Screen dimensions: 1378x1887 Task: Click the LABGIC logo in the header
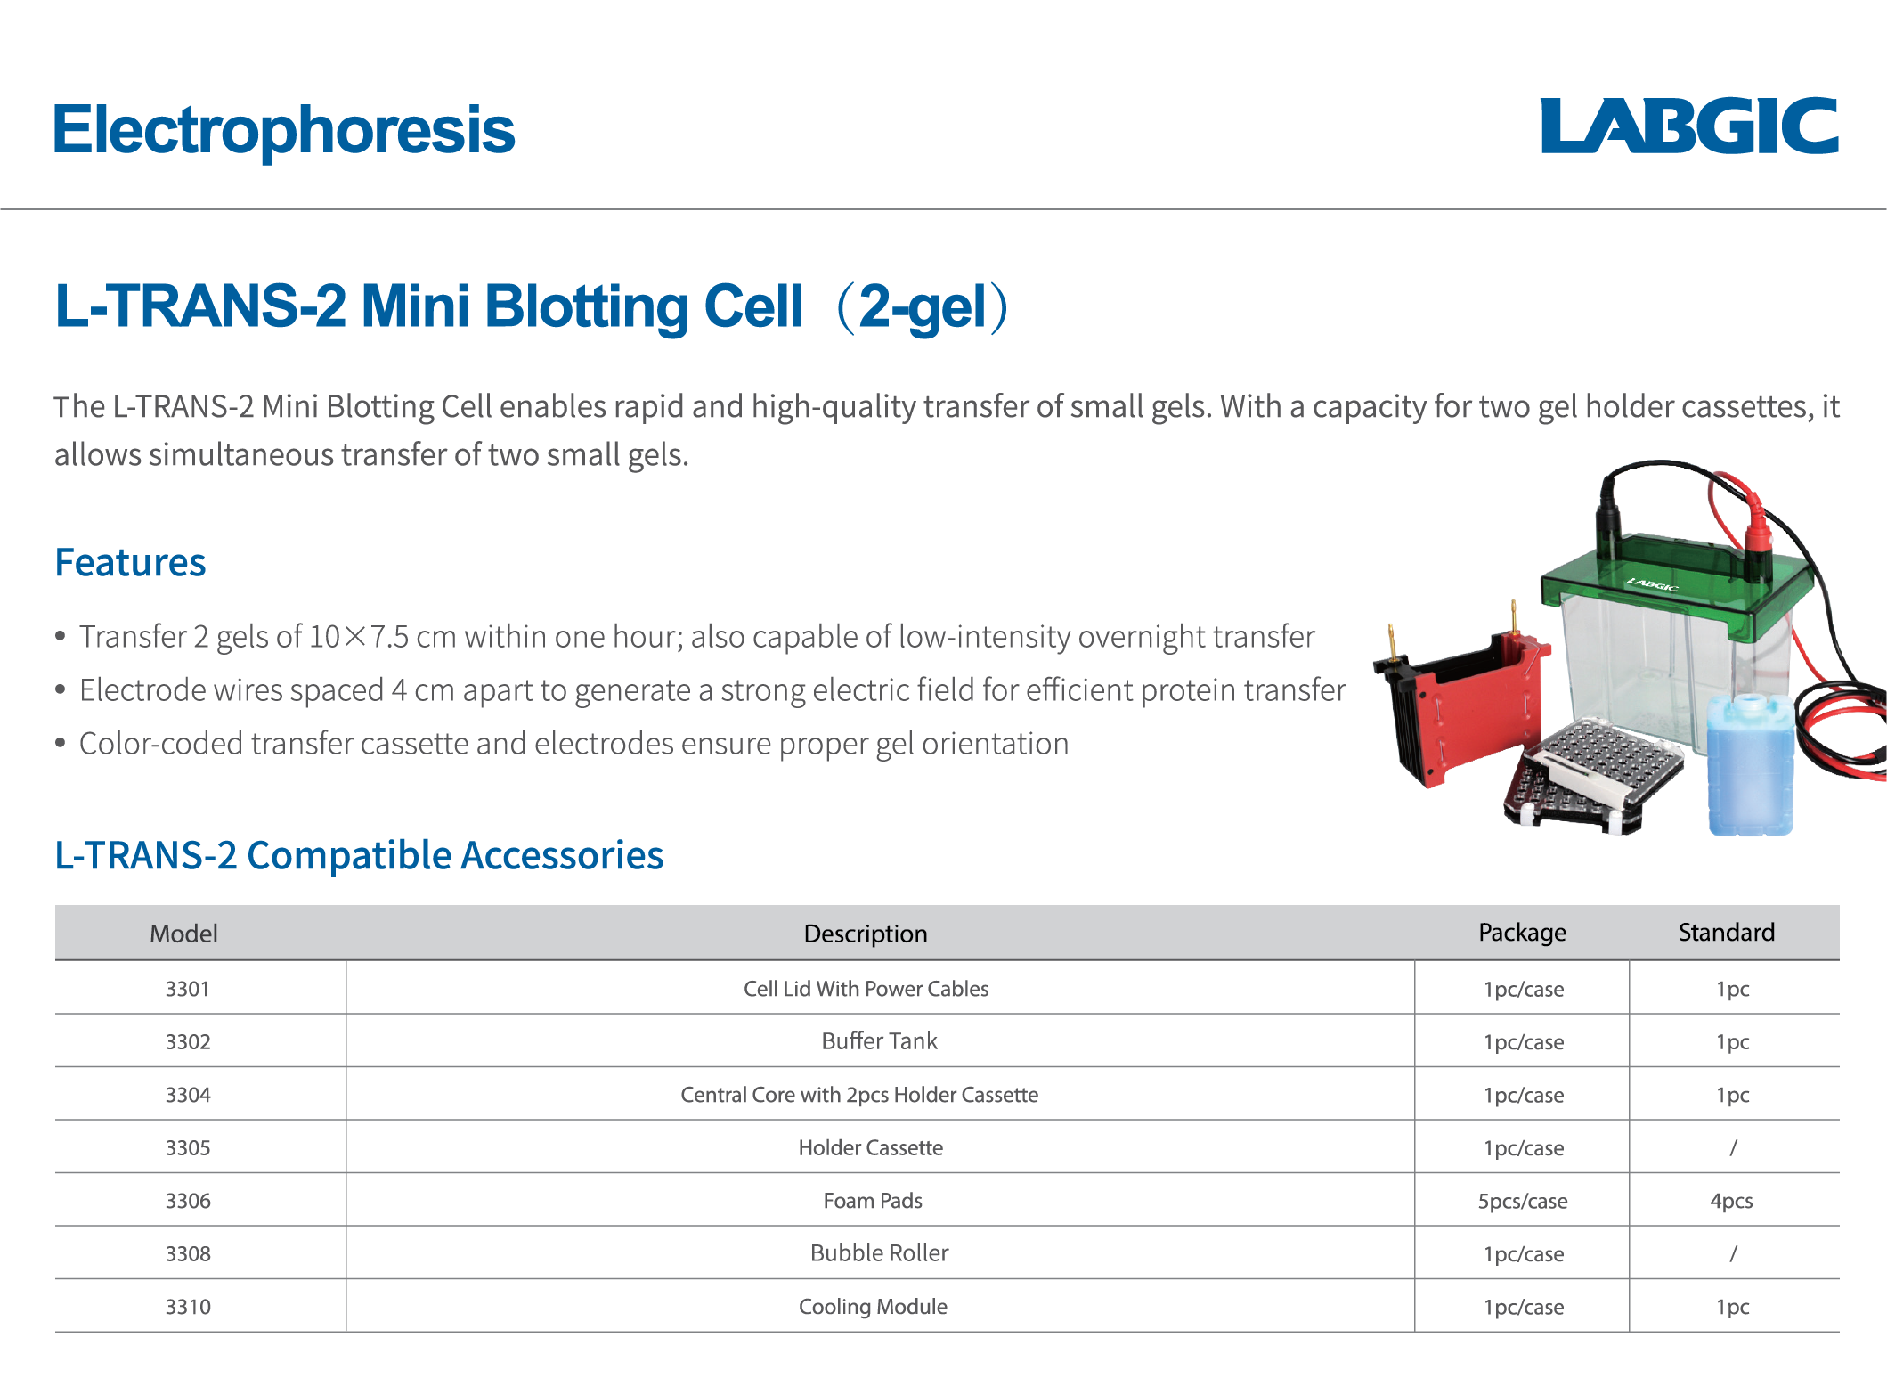(1688, 126)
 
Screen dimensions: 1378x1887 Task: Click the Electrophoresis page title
(284, 130)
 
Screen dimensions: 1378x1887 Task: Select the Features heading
(130, 563)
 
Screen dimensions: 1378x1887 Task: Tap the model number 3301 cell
(187, 989)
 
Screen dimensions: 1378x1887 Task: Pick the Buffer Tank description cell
(879, 1041)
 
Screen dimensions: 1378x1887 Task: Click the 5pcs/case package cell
(1522, 1201)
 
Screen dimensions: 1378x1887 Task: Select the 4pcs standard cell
(1731, 1201)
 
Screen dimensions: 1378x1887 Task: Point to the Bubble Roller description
(879, 1253)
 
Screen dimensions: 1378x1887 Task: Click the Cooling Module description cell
(873, 1307)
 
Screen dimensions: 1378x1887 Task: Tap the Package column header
(1522, 933)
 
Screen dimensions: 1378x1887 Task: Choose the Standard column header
(1726, 933)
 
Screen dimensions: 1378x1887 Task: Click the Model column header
(183, 934)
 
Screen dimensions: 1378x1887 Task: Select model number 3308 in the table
(188, 1254)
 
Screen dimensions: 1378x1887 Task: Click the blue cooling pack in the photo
(1749, 766)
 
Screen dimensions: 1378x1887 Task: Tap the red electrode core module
(1469, 704)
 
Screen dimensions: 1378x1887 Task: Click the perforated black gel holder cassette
(1594, 775)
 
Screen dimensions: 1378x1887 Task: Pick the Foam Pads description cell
(873, 1201)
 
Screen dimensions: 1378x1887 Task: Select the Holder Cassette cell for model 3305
(870, 1148)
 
